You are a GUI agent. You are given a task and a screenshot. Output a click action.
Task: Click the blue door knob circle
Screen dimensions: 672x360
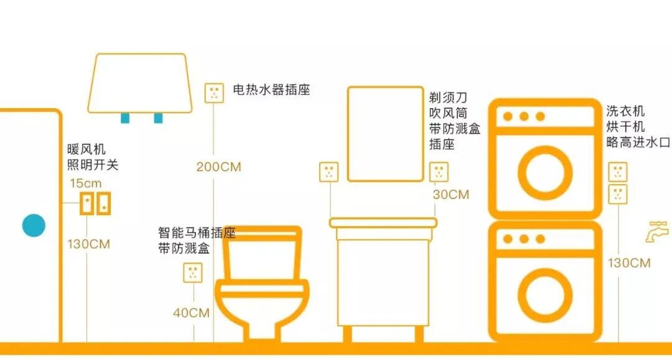click(x=34, y=226)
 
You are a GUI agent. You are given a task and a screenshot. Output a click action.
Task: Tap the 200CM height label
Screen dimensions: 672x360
click(x=218, y=167)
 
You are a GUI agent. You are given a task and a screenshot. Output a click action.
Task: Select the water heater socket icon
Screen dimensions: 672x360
click(x=214, y=93)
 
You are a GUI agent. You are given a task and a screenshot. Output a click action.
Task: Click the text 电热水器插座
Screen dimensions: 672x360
click(x=271, y=90)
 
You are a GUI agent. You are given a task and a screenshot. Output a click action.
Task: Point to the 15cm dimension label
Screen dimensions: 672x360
click(x=85, y=183)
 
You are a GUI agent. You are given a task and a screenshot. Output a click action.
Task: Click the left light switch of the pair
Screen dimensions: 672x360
click(x=87, y=204)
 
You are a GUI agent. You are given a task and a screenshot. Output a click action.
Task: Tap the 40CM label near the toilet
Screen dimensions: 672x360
click(x=191, y=313)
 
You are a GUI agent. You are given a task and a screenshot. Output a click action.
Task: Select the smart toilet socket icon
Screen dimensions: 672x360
click(x=193, y=272)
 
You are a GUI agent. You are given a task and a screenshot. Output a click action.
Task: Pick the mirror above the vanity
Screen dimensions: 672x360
click(x=385, y=134)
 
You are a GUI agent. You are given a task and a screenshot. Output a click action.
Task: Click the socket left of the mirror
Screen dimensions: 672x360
click(x=329, y=172)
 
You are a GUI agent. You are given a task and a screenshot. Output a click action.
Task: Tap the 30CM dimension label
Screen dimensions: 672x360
click(x=450, y=195)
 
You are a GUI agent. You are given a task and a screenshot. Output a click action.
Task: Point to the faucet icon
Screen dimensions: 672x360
click(x=657, y=231)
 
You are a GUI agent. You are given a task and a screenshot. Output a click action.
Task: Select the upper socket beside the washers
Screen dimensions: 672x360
click(x=618, y=172)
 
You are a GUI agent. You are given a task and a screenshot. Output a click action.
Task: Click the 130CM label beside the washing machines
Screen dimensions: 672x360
click(x=629, y=263)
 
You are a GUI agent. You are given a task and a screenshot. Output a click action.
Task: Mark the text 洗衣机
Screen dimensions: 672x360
click(x=625, y=111)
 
